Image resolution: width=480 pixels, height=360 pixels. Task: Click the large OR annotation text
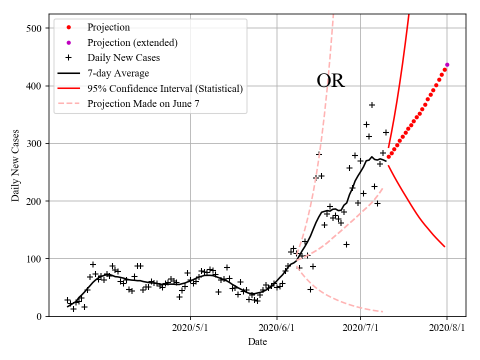pos(330,81)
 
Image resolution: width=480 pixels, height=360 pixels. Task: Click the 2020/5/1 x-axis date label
pos(190,328)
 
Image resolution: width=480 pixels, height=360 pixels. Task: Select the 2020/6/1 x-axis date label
pos(277,328)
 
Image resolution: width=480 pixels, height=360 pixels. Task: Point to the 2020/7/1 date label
pos(360,328)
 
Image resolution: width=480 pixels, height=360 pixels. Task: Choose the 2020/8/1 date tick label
pos(447,328)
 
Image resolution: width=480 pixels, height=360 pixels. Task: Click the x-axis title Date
pos(257,342)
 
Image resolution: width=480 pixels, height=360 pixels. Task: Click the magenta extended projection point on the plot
pos(447,64)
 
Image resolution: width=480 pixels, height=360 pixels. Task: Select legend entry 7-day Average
pos(118,73)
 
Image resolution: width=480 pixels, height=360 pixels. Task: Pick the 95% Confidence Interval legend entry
pos(165,88)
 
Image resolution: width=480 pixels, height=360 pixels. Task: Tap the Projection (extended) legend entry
pos(132,42)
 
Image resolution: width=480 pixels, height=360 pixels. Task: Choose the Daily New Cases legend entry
pos(123,58)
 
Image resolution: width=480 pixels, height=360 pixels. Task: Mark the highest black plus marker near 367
pos(372,105)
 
